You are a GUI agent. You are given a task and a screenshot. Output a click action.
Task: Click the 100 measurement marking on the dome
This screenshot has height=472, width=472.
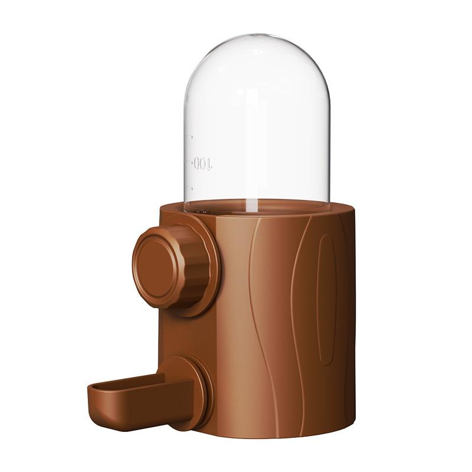click(x=202, y=163)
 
